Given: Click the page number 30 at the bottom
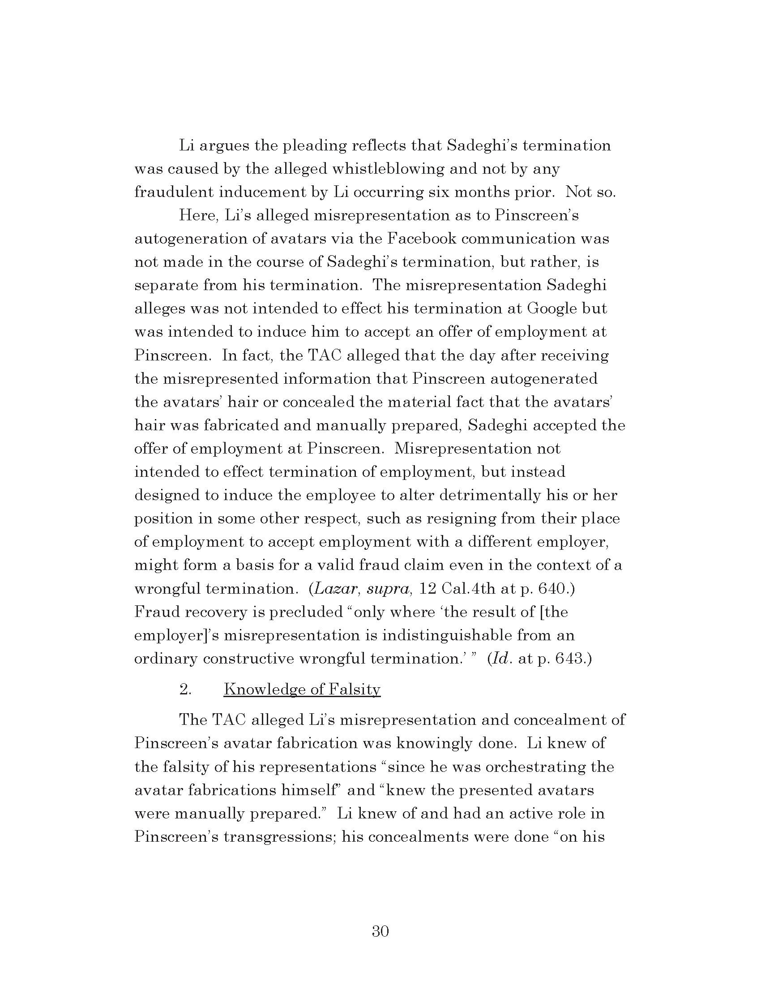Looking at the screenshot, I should pos(380,931).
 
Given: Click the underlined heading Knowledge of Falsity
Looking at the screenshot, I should pos(302,689).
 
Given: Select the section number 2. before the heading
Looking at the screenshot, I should pos(185,689).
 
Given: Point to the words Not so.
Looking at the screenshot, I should pos(590,192).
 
